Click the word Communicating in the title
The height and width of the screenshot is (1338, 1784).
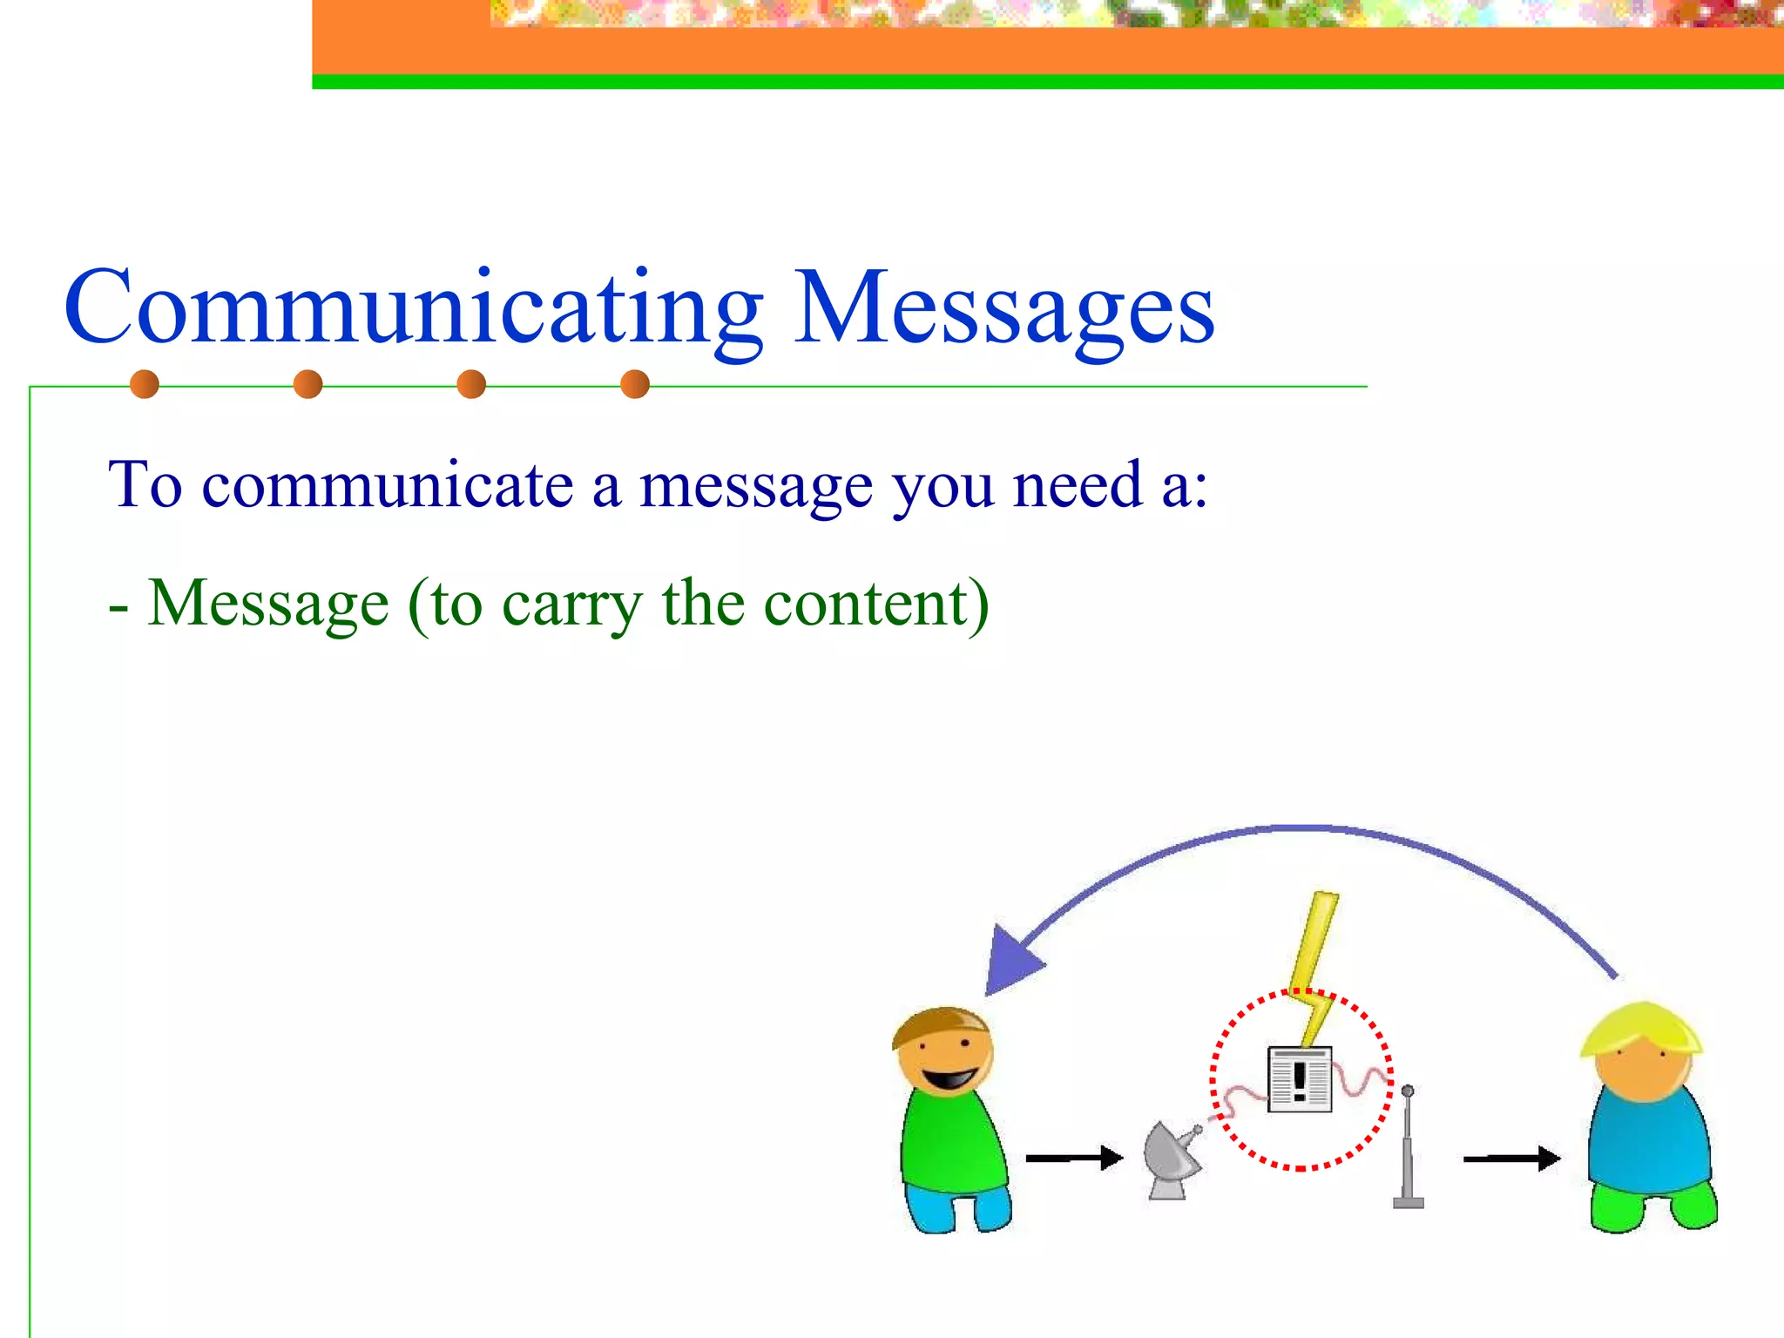point(414,309)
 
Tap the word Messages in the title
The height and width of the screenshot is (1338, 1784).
point(1003,309)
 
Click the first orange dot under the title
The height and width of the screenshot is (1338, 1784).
point(145,384)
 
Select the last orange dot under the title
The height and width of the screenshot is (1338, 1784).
point(635,384)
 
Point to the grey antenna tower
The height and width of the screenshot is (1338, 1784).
point(1408,1150)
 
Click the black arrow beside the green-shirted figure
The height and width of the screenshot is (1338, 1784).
point(1074,1159)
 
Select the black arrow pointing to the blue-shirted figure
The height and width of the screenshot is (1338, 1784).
point(1511,1159)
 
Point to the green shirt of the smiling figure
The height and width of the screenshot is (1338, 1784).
point(951,1141)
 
